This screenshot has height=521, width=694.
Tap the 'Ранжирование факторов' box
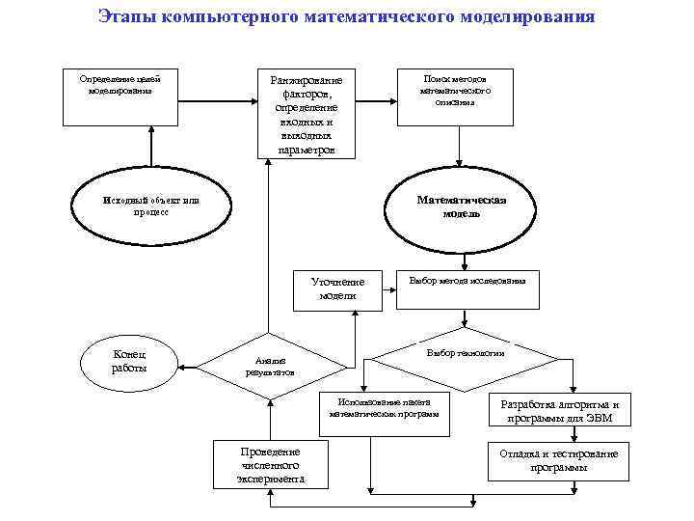pyautogui.click(x=307, y=112)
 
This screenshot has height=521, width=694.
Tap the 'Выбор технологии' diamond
pyautogui.click(x=466, y=356)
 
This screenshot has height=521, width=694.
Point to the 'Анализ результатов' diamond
pyautogui.click(x=271, y=366)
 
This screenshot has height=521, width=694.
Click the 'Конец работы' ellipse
pyautogui.click(x=131, y=362)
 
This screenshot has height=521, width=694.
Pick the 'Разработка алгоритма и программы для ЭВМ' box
pyautogui.click(x=559, y=411)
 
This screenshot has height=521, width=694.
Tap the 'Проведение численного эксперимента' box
pyautogui.click(x=271, y=464)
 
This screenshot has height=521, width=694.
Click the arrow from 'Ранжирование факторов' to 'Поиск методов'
pyautogui.click(x=377, y=96)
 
